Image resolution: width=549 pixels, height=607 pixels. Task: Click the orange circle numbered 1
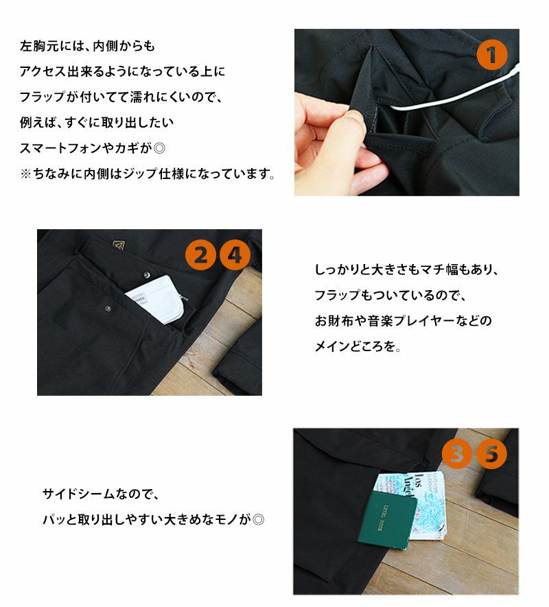[x=491, y=54]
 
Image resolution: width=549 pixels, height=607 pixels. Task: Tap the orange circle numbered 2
[x=200, y=255]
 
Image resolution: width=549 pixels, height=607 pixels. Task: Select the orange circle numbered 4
[x=235, y=255]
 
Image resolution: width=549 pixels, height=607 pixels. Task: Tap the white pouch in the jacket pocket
[x=158, y=299]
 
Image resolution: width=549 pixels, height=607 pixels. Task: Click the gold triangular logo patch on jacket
[x=119, y=245]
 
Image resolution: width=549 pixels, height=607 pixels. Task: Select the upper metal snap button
[x=146, y=275]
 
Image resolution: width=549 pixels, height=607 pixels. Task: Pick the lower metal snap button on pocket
[x=108, y=309]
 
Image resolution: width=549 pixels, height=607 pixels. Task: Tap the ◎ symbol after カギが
[x=159, y=148]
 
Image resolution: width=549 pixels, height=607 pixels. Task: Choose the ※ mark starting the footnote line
[x=25, y=174]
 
